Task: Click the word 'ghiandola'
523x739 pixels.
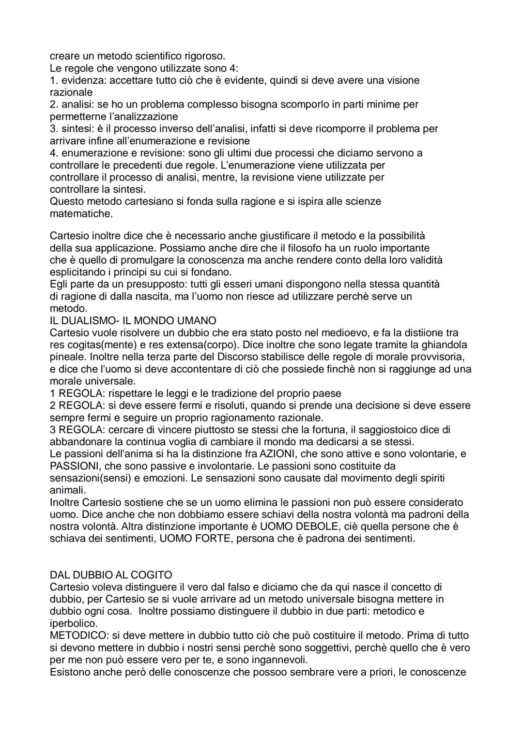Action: pyautogui.click(x=444, y=345)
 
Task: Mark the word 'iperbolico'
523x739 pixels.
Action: pyautogui.click(x=73, y=623)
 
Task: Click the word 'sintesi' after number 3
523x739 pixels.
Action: pyautogui.click(x=77, y=128)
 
